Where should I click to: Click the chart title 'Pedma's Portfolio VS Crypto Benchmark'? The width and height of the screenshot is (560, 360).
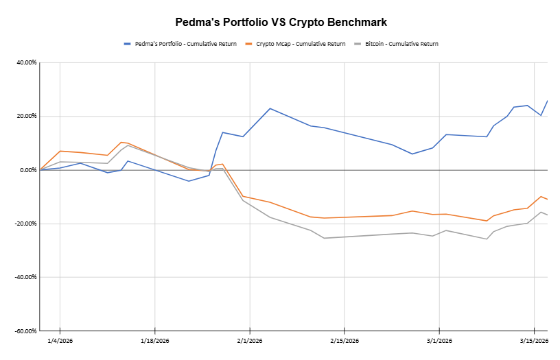[x=280, y=23]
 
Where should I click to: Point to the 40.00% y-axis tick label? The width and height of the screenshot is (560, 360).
[x=26, y=62]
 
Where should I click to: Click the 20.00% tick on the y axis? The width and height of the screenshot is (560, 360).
[x=26, y=116]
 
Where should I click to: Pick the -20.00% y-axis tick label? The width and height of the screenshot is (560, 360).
[x=25, y=224]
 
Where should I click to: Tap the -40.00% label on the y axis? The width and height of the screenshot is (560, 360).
[x=25, y=277]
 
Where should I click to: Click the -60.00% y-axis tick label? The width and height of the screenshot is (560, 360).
[x=25, y=331]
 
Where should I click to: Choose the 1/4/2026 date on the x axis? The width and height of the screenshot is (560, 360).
[x=60, y=341]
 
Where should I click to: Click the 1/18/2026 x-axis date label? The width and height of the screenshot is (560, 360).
[x=154, y=341]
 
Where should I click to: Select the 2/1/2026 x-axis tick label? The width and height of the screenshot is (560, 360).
[x=250, y=341]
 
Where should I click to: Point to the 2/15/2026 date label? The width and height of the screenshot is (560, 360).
[x=345, y=341]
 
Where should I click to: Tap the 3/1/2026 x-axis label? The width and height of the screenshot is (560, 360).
[x=439, y=341]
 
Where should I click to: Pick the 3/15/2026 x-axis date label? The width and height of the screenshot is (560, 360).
[x=534, y=341]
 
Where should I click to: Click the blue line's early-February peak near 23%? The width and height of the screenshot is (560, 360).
[x=270, y=108]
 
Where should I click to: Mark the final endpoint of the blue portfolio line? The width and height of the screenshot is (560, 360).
[x=547, y=101]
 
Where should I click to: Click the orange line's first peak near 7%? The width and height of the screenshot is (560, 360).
[x=60, y=151]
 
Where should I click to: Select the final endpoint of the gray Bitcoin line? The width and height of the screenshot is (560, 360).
[x=547, y=215]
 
